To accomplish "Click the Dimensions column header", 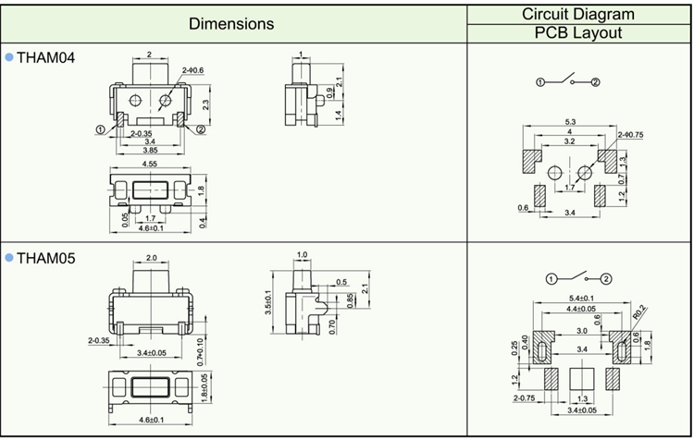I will (231, 23).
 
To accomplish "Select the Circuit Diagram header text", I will (578, 14).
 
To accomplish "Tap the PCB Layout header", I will (578, 33).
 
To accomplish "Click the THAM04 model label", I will (45, 58).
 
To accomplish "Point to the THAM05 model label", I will (45, 258).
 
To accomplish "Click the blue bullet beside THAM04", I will (9, 57).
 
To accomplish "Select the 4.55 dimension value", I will (149, 165).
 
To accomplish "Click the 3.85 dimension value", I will (149, 149).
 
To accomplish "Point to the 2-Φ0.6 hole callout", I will (192, 70).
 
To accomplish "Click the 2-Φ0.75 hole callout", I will (631, 135).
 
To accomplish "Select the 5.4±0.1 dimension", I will (580, 297).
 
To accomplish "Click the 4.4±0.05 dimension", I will (580, 309).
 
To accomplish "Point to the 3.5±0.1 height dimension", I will (269, 303).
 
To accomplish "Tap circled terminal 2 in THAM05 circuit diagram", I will (606, 278).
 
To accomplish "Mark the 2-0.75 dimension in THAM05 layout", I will (526, 398).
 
